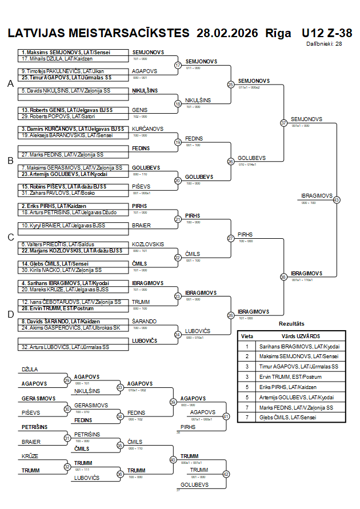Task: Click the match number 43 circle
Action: tap(337, 200)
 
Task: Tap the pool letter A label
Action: tap(10, 83)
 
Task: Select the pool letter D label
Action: tap(10, 314)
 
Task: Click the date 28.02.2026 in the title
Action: tap(227, 33)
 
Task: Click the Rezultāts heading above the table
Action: tap(291, 323)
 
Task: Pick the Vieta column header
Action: tap(247, 336)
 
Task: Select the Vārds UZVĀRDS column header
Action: tap(297, 336)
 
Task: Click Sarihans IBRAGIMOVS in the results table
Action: tap(297, 346)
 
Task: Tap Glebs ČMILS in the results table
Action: tap(297, 417)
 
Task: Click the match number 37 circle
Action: tap(283, 123)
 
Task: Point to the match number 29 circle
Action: tap(67, 380)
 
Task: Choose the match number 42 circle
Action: tap(226, 474)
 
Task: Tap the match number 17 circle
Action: tap(178, 65)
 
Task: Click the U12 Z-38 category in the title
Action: tap(327, 33)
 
